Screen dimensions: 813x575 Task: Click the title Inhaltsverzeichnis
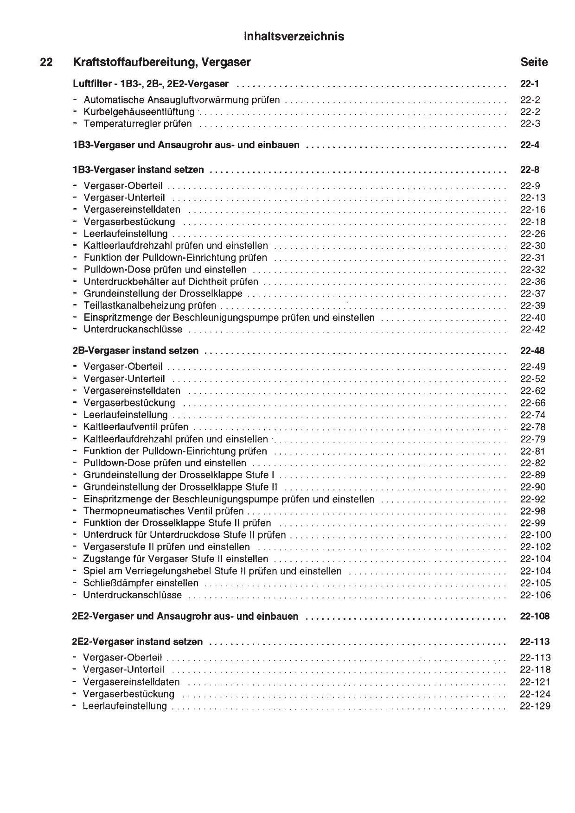click(294, 37)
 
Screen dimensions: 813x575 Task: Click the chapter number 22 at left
click(46, 62)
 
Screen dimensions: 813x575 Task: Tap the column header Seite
click(534, 62)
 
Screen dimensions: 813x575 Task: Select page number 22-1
click(530, 84)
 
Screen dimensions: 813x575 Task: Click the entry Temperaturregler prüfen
click(137, 124)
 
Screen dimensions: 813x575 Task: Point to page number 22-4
click(530, 145)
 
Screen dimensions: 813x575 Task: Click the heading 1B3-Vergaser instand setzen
click(138, 170)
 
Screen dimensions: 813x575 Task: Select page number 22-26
click(532, 234)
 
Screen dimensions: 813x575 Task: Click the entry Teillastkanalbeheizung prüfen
click(149, 305)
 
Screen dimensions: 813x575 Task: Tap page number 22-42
click(532, 330)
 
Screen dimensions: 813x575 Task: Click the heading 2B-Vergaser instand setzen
click(135, 351)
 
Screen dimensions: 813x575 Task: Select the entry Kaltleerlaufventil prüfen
click(135, 427)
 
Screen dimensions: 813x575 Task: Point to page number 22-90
click(532, 487)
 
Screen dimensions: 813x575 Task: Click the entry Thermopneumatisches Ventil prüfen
click(163, 511)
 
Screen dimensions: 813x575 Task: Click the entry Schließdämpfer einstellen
click(141, 583)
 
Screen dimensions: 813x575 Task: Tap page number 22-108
click(535, 616)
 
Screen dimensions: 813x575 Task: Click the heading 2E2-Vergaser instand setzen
click(137, 642)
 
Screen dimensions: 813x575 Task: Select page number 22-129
click(535, 706)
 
